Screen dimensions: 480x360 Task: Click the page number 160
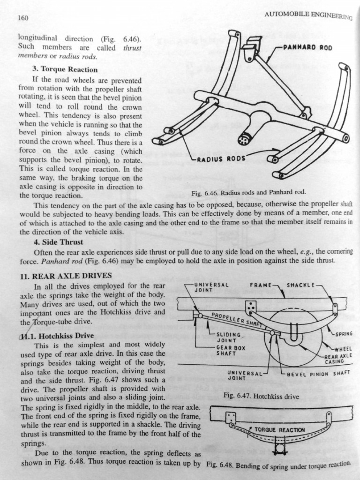(x=23, y=18)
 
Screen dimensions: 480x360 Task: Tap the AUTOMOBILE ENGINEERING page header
(x=307, y=15)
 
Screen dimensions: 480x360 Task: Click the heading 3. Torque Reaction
(x=66, y=69)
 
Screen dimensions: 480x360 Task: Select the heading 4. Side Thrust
(x=58, y=242)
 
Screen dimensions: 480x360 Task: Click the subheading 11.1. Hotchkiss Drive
(x=57, y=336)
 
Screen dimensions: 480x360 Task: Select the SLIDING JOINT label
(x=226, y=337)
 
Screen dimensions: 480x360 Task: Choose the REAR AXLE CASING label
(x=338, y=359)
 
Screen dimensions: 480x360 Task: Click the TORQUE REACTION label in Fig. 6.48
(x=279, y=429)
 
